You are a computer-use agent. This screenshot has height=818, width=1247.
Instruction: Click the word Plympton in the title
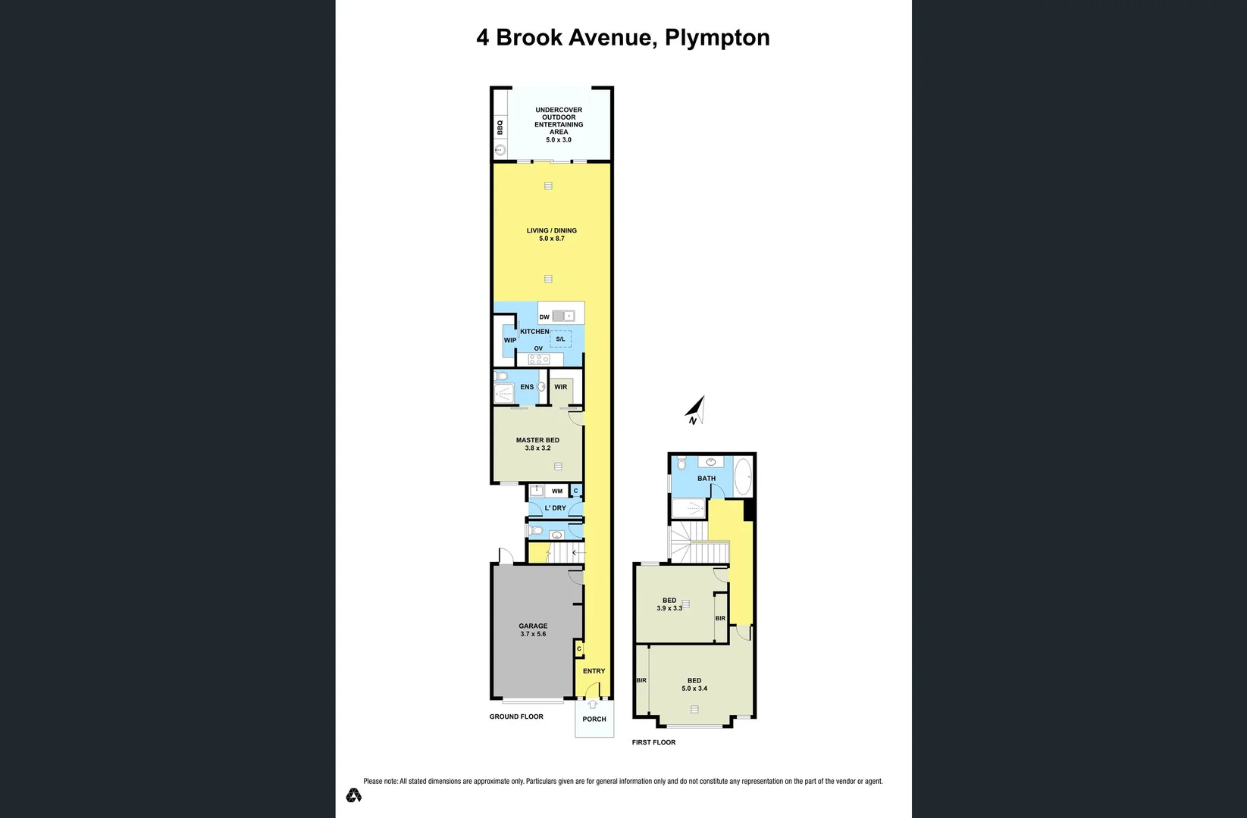click(717, 38)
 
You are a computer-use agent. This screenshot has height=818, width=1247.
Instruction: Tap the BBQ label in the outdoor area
click(500, 127)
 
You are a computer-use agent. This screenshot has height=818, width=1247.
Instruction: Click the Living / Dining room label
click(551, 234)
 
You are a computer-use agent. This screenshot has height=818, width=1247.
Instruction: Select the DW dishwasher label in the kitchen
click(544, 317)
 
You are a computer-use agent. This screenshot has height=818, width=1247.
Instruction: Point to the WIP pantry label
click(510, 340)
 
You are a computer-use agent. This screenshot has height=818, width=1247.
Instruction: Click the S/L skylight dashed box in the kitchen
click(560, 339)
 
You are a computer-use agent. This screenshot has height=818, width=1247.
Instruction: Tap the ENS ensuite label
click(527, 387)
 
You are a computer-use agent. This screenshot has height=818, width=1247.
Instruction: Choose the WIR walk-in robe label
click(560, 387)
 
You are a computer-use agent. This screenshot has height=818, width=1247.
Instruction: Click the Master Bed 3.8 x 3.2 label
click(537, 444)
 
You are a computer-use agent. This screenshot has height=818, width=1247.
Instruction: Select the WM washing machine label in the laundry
click(557, 491)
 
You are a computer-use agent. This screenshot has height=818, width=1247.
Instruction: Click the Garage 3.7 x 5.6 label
click(533, 629)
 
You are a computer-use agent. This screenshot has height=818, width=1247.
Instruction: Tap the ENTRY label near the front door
click(594, 671)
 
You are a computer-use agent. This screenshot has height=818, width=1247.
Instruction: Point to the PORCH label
click(594, 719)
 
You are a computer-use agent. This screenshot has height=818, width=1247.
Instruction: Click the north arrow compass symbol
click(696, 411)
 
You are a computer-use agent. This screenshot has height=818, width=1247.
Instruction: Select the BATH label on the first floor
click(707, 478)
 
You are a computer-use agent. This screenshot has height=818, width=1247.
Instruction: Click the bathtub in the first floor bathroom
click(743, 477)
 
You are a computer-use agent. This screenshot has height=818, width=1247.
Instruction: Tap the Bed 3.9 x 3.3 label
click(669, 604)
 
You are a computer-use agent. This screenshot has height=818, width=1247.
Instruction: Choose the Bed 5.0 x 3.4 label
click(694, 684)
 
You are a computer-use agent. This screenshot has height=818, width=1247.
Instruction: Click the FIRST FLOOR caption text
click(653, 742)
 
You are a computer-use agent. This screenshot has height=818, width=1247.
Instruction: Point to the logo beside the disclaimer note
click(353, 795)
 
